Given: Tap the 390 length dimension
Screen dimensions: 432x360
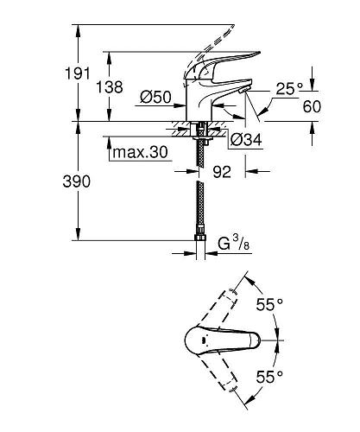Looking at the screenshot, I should click(x=79, y=181).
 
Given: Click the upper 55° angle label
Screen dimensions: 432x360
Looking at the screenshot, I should click(x=269, y=304).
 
